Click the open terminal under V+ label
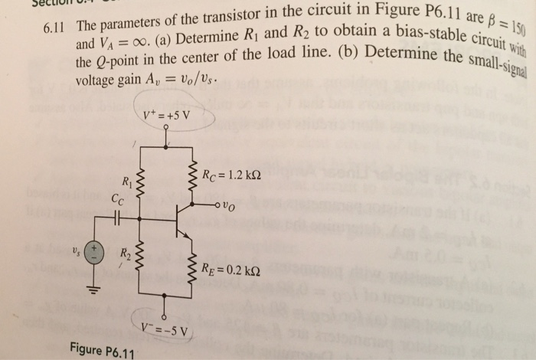165,128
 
